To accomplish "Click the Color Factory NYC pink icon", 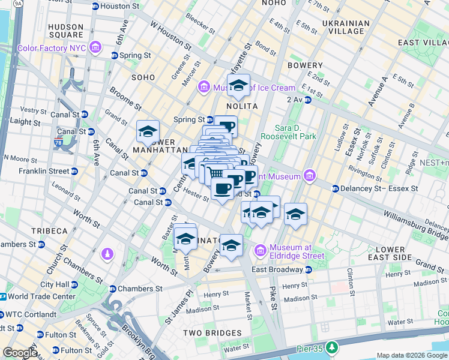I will [95, 48].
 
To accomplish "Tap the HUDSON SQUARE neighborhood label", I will [65, 31].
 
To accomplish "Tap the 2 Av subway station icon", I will [307, 100].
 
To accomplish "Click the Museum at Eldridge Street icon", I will [261, 250].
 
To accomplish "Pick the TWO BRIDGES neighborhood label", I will [213, 333].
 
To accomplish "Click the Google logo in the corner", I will [19, 353].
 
